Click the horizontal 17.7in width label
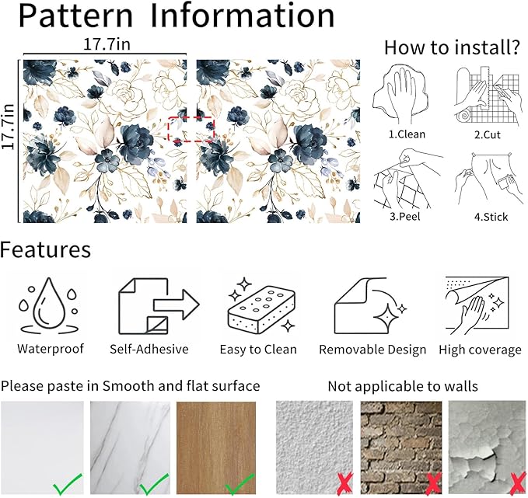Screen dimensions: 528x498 tap(107, 44)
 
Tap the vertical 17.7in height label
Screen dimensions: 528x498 tap(8, 126)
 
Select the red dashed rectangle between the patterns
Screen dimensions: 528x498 tap(191, 129)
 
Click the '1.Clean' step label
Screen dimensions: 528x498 tap(407, 134)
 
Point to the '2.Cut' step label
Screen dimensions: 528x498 tap(488, 134)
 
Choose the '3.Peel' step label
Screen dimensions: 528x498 tap(405, 216)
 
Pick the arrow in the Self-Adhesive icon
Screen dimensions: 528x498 tap(177, 305)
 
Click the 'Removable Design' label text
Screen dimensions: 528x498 tap(372, 350)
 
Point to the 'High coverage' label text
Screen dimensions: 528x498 tap(481, 350)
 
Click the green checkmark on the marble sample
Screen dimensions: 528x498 tap(154, 484)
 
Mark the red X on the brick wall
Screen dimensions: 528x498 tap(434, 485)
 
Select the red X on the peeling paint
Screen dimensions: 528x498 tap(519, 485)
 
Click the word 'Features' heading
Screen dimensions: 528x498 tap(45, 249)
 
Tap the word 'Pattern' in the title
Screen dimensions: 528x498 tap(75, 15)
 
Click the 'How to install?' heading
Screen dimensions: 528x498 tap(453, 47)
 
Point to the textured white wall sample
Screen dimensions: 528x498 tap(314, 448)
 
